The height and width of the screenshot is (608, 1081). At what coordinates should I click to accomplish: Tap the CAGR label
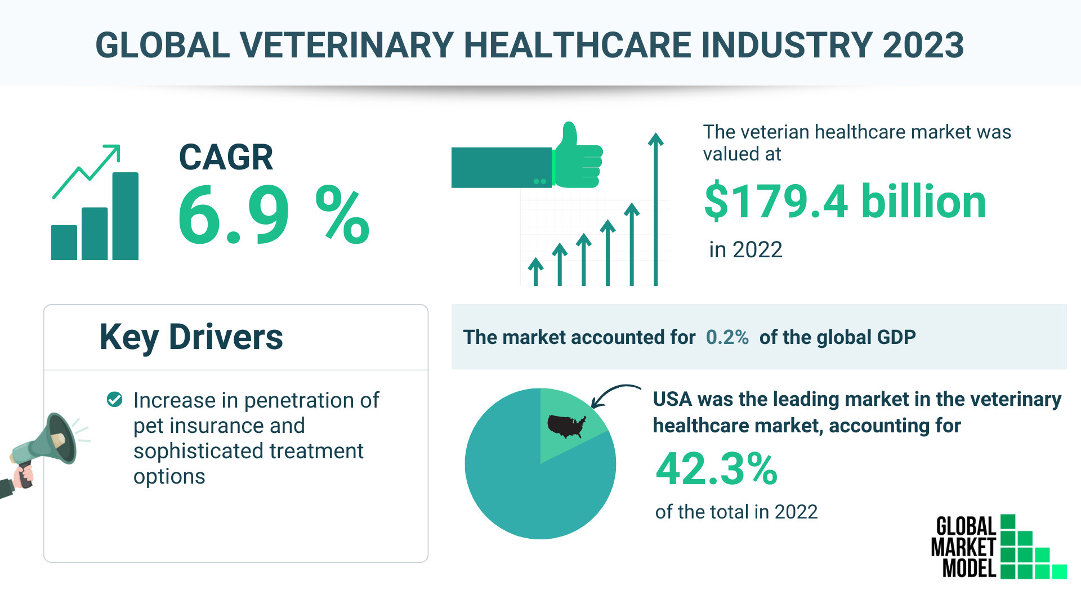pos(226,157)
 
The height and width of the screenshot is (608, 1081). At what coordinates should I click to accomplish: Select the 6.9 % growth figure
pos(274,215)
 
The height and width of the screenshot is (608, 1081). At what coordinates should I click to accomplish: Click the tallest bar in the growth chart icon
pos(125,216)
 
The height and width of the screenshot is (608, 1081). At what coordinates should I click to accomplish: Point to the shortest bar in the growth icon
pos(64,243)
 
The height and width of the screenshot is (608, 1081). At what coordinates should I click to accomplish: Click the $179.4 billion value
pos(845,202)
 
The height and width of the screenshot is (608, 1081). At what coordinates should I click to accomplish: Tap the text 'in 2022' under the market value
pos(745,249)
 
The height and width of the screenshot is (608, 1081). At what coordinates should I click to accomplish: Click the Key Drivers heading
pos(191,337)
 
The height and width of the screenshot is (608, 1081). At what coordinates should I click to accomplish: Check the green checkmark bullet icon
pos(115,400)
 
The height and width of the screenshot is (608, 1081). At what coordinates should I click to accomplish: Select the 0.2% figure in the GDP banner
pos(727,337)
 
